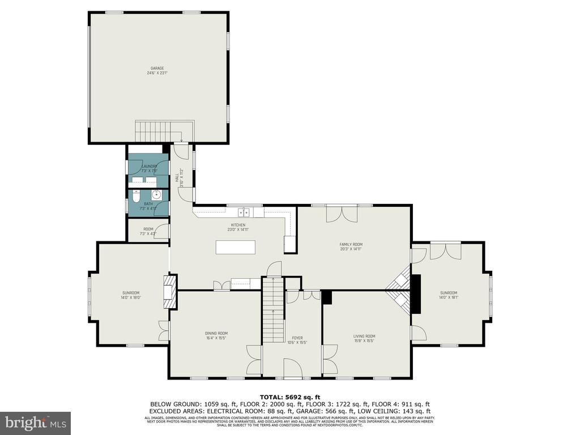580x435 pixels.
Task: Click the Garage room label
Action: [157, 70]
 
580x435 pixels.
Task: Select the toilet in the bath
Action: [135, 198]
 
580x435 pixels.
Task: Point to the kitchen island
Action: [235, 248]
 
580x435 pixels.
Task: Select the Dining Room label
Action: [216, 335]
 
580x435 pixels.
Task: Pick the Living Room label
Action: [364, 338]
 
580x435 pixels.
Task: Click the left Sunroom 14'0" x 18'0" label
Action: [130, 295]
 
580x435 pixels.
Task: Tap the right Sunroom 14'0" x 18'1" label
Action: [448, 295]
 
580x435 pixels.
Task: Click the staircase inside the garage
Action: [164, 131]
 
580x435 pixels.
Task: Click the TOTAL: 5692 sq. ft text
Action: [290, 396]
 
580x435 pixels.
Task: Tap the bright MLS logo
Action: [35, 423]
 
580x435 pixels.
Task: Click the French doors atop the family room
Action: [342, 215]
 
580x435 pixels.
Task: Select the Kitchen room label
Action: [238, 227]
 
